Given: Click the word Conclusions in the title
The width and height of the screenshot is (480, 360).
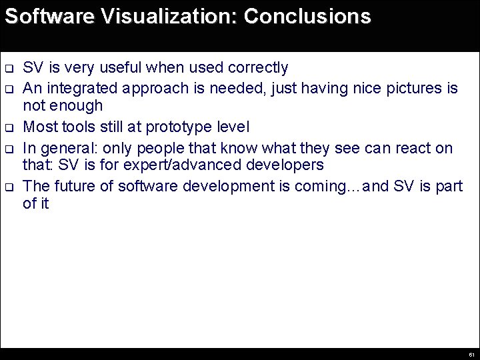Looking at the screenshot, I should point(307,17).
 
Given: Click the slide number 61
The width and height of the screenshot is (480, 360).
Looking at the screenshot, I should point(471,354).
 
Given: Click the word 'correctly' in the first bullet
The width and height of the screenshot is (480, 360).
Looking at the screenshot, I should point(258,67).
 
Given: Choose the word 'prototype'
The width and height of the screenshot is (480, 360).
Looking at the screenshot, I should point(175,126).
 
